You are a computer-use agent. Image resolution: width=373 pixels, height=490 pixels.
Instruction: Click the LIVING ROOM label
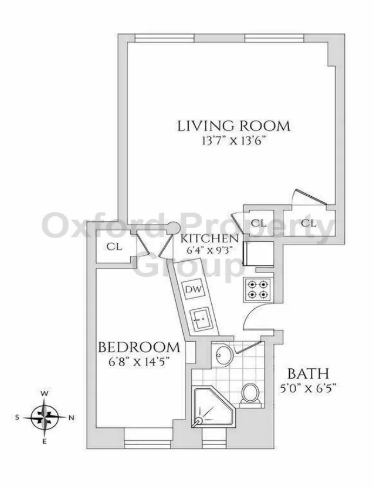click(234, 126)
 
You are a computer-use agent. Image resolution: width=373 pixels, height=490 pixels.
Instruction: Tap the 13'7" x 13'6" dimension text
click(234, 143)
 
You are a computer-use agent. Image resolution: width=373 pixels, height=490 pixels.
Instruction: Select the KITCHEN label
click(209, 239)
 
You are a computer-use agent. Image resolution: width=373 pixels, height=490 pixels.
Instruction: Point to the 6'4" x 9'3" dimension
click(209, 250)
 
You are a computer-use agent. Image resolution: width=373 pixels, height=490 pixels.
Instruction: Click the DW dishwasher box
click(193, 289)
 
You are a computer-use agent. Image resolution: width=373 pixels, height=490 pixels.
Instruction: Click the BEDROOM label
click(138, 347)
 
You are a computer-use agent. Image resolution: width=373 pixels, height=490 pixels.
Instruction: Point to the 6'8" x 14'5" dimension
click(138, 361)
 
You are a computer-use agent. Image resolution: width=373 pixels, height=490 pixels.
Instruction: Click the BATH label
click(308, 373)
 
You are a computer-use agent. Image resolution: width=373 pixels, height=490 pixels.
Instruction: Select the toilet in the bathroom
click(250, 393)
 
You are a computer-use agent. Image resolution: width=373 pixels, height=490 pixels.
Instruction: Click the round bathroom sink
click(223, 354)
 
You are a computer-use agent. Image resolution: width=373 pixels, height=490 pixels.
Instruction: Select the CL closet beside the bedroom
click(114, 247)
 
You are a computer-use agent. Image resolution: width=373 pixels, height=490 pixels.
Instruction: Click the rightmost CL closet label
click(308, 222)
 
